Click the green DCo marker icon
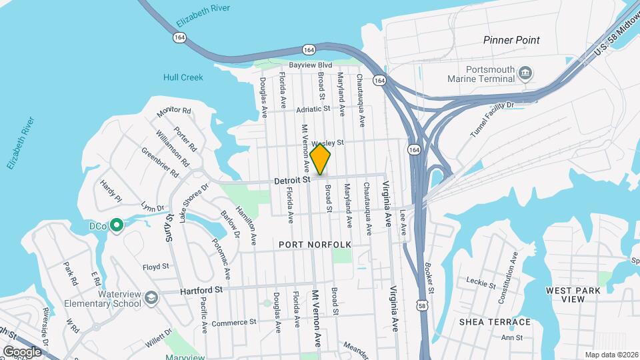click(117, 226)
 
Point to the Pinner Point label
click(511, 40)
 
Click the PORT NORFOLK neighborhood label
click(315, 245)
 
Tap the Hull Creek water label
click(183, 77)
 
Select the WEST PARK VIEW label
click(573, 295)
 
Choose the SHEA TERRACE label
click(495, 322)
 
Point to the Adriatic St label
click(314, 108)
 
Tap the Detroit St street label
click(293, 180)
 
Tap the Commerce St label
click(234, 323)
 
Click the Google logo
click(22, 351)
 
